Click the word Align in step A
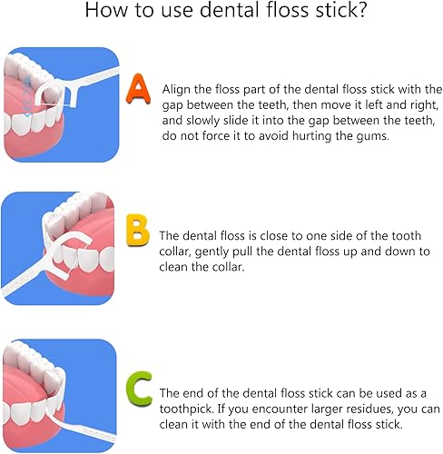click(178, 89)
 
